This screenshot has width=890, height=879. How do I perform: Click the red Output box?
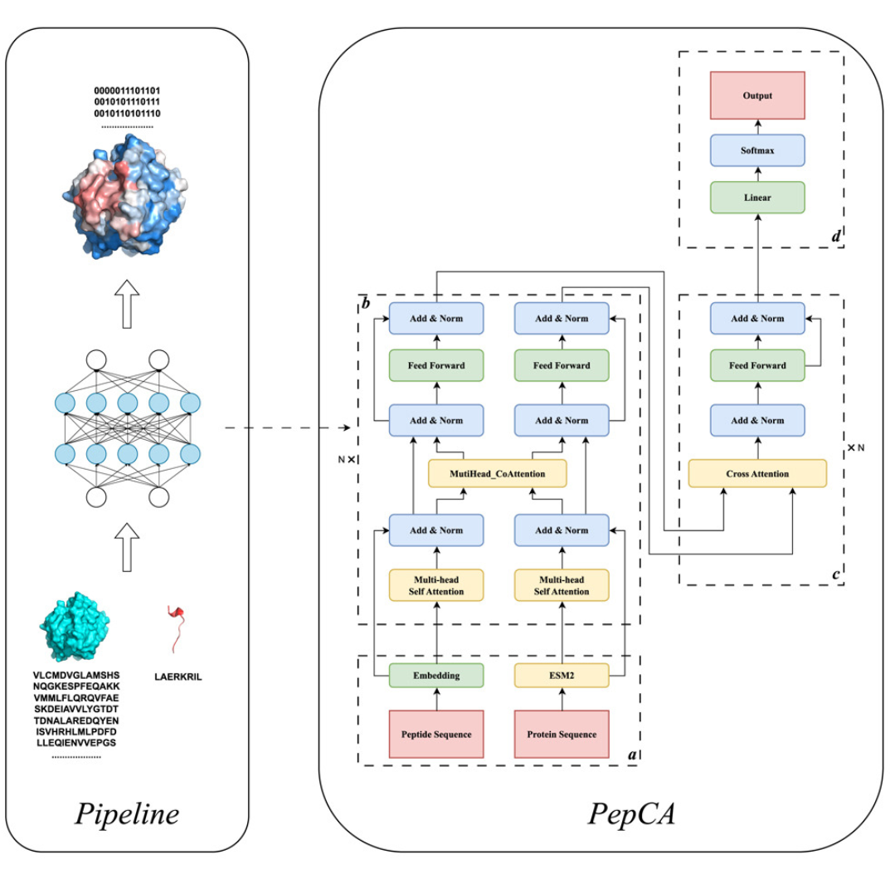pyautogui.click(x=757, y=96)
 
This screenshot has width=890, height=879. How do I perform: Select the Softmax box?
pyautogui.click(x=757, y=151)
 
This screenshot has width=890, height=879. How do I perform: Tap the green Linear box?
pyautogui.click(x=757, y=198)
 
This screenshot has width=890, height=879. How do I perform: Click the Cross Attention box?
pyautogui.click(x=757, y=474)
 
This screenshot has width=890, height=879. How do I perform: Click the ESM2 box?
pyautogui.click(x=562, y=675)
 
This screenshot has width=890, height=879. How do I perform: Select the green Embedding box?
pyautogui.click(x=436, y=675)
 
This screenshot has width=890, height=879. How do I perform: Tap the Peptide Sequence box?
pyautogui.click(x=436, y=735)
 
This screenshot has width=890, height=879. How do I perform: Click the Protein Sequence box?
pyautogui.click(x=562, y=735)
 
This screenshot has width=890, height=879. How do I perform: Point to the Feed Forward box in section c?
pyautogui.click(x=757, y=365)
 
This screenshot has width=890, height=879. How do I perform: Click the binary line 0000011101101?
pyautogui.click(x=127, y=90)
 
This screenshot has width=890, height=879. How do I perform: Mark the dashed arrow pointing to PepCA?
pyautogui.click(x=286, y=428)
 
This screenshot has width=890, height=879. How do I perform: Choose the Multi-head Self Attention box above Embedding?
pyautogui.click(x=436, y=585)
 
